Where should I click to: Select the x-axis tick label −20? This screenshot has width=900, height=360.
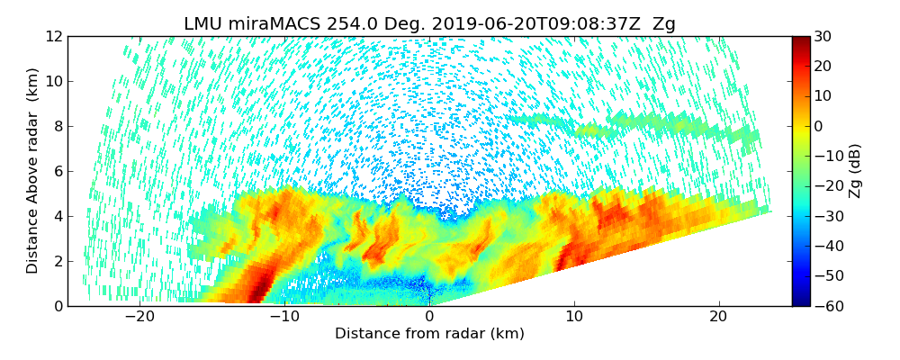tap(139, 317)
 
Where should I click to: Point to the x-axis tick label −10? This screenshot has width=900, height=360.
tap(284, 317)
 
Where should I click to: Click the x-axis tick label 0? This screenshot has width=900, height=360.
tap(429, 317)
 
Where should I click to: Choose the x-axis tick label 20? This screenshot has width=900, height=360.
tap(718, 317)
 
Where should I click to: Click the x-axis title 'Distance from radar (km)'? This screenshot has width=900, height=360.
tap(429, 334)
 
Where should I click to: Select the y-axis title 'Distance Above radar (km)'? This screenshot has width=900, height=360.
tap(32, 171)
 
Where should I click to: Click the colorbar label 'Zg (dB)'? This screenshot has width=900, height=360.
tap(855, 171)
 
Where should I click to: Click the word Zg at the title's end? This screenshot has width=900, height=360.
tap(664, 24)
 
